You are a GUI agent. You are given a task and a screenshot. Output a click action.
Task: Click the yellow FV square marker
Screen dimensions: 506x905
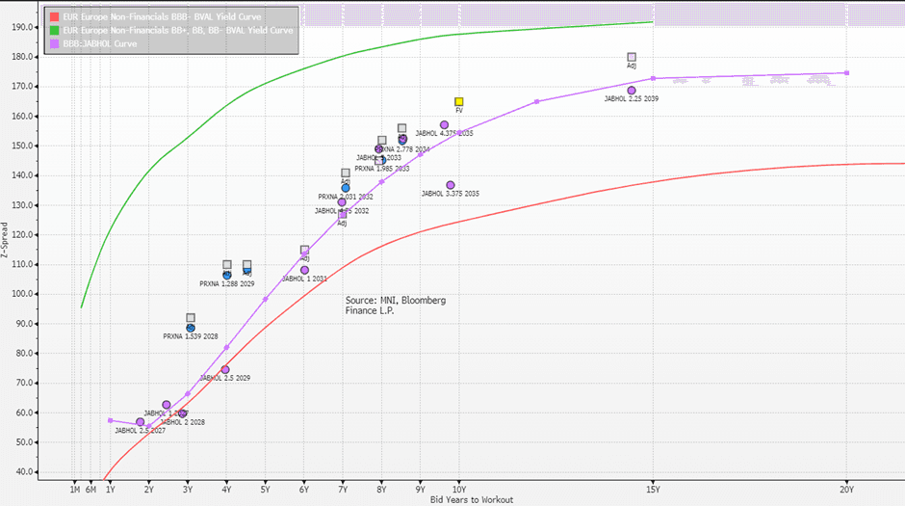(x=459, y=101)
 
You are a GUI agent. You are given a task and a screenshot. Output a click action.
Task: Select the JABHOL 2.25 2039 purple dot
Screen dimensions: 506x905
(x=632, y=91)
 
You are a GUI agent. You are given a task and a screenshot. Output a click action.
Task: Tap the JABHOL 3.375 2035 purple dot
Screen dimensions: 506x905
(x=451, y=185)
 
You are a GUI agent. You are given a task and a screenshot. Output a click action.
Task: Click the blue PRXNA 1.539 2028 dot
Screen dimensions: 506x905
(x=191, y=328)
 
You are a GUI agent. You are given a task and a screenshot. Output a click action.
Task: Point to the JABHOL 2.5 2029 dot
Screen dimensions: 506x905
(x=225, y=369)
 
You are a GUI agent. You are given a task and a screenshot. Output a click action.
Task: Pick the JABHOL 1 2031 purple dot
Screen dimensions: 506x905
(x=304, y=270)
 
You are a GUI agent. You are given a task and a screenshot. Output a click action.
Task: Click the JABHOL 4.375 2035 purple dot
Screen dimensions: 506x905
(x=445, y=125)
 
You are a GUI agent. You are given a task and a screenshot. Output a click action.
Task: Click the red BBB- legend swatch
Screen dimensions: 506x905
(x=54, y=17)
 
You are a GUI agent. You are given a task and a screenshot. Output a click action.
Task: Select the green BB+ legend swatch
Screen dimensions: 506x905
(x=54, y=31)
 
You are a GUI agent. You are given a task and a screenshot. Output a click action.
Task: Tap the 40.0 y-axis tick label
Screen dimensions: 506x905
(x=21, y=472)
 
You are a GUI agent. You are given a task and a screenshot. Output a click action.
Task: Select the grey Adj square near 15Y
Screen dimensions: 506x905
(x=632, y=58)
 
